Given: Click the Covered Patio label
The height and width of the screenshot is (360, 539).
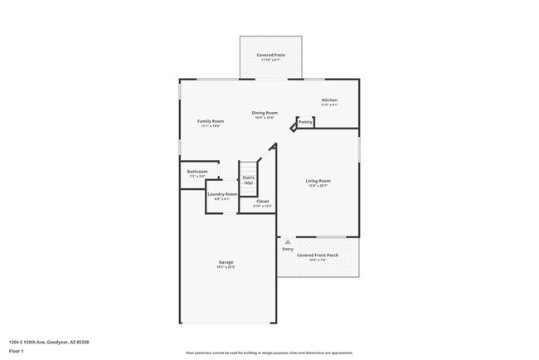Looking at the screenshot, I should click(x=270, y=55).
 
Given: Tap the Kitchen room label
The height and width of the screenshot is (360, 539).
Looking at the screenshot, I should click(x=329, y=100).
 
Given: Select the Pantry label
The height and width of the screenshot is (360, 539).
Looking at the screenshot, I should click(x=305, y=122).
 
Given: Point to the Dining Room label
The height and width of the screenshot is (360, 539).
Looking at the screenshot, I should click(x=265, y=113).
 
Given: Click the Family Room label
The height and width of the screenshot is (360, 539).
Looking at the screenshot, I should click(x=211, y=121).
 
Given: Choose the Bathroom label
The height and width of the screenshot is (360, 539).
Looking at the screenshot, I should click(x=197, y=172).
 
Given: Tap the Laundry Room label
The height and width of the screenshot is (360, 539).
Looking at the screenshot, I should click(x=222, y=194).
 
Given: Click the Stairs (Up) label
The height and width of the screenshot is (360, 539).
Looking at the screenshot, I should click(x=248, y=180).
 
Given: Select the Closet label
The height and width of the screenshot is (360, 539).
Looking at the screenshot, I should click(x=262, y=201).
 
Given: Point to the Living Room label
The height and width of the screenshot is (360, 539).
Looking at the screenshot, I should click(x=318, y=180).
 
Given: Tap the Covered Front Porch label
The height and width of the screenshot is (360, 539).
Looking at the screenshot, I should click(x=318, y=255).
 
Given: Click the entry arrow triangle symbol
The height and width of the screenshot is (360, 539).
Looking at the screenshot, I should click(x=288, y=241).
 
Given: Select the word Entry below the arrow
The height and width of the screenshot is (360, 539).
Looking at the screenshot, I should click(x=288, y=249).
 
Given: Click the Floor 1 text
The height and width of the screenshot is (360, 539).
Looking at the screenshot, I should click(x=17, y=351).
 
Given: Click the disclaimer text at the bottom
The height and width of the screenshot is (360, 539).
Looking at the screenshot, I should click(x=269, y=353).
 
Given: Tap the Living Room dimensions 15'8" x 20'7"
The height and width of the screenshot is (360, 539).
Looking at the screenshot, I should click(x=318, y=186).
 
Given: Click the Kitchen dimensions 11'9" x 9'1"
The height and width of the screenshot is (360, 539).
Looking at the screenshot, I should click(x=329, y=105).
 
